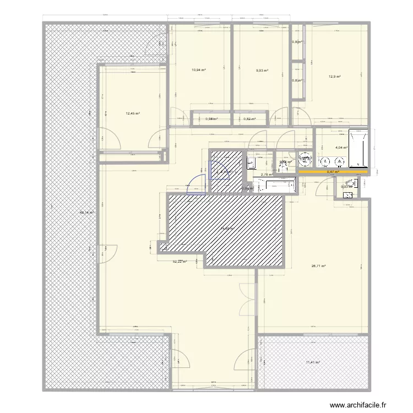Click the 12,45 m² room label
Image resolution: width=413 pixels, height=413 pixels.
(x=133, y=114)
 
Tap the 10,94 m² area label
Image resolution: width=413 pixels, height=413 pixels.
(x=199, y=70)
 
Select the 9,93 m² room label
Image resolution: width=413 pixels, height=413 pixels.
(x=262, y=70)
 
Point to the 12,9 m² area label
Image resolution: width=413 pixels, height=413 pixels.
(x=334, y=77)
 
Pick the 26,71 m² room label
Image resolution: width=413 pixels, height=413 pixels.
(x=318, y=267)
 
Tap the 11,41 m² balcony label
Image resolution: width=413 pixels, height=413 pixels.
(x=313, y=362)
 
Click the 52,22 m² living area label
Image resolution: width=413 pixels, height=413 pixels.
(x=180, y=262)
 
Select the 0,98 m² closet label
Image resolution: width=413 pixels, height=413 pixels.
(x=211, y=119)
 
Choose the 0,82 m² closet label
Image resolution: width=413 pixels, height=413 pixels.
(x=250, y=119)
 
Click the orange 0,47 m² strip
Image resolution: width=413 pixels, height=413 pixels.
(x=333, y=172)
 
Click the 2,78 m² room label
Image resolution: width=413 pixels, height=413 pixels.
(x=267, y=175)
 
